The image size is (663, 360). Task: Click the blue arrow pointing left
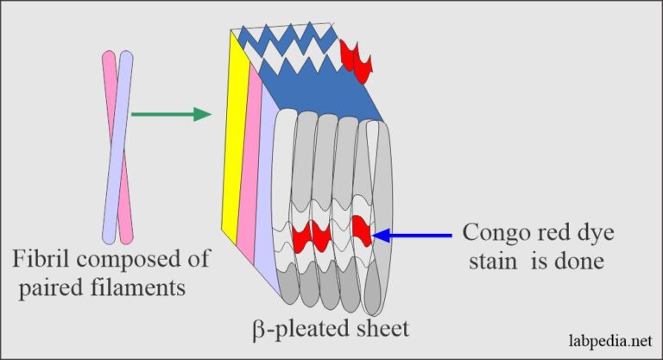tap(419, 234)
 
